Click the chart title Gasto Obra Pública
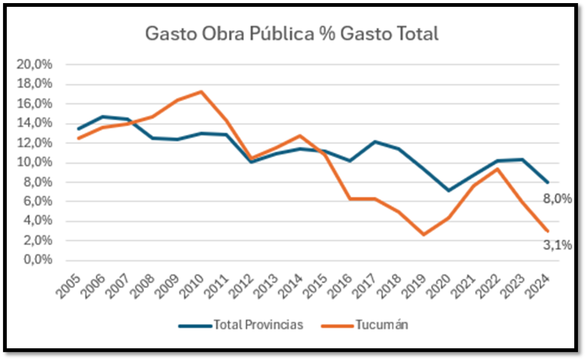click(292, 34)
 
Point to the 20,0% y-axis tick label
click(35, 65)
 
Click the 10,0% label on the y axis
click(35, 163)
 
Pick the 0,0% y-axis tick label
click(37, 260)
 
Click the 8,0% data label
click(557, 199)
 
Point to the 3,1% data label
click(557, 246)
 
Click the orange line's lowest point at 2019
click(423, 235)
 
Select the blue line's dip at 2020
click(448, 191)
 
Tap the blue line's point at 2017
click(374, 142)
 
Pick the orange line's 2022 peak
click(497, 169)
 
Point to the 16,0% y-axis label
click(35, 104)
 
